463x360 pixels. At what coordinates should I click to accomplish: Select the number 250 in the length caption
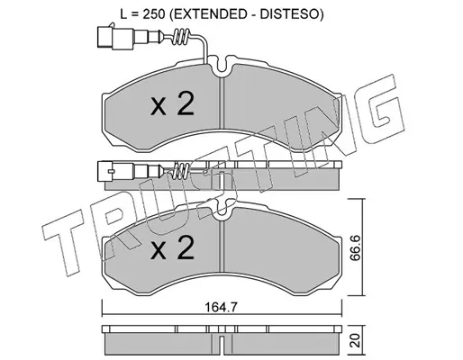[154, 14]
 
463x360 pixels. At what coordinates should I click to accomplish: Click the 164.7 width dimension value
[222, 307]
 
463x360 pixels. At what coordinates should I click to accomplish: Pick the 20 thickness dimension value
[356, 341]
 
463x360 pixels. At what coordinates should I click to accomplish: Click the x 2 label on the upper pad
[172, 104]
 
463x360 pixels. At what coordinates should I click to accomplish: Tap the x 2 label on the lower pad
[172, 247]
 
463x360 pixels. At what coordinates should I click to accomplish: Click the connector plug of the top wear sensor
[115, 37]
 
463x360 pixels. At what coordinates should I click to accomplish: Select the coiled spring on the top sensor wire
[181, 37]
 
